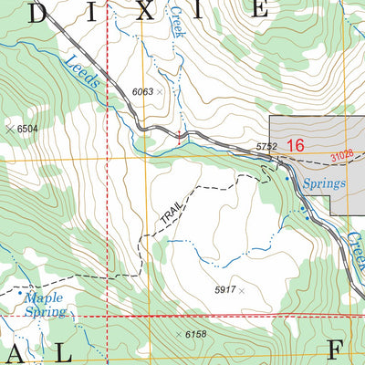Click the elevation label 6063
(143, 91)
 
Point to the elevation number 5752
(266, 146)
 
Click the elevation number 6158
(196, 335)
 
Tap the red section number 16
(295, 145)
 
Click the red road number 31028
(344, 157)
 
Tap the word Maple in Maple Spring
(45, 297)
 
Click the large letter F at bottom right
(335, 351)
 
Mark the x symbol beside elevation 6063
(161, 92)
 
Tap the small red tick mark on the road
(179, 137)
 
